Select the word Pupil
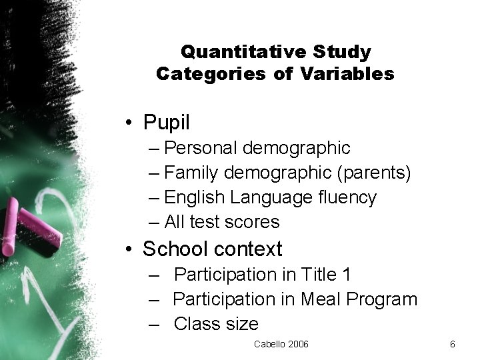[x=166, y=122]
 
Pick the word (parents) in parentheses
[x=375, y=173]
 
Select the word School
[x=174, y=249]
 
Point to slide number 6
[x=453, y=344]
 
